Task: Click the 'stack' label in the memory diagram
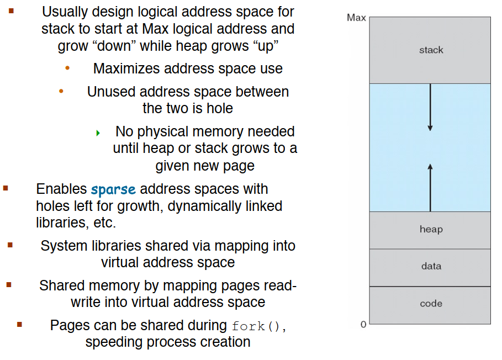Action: click(x=431, y=50)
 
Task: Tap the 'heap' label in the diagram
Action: click(x=431, y=229)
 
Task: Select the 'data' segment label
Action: click(x=431, y=266)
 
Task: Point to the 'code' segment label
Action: click(x=431, y=303)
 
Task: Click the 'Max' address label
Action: click(x=356, y=17)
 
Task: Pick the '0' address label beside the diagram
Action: click(x=363, y=324)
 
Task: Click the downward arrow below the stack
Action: click(x=430, y=107)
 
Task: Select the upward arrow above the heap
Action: click(x=430, y=188)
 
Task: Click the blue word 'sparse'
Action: click(x=113, y=189)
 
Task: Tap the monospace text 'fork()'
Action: click(x=256, y=326)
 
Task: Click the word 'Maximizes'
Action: click(x=126, y=68)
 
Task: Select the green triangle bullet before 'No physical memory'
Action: click(x=98, y=133)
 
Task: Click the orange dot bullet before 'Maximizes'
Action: click(x=67, y=68)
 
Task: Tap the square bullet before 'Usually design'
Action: click(x=11, y=11)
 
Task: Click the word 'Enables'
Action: click(x=61, y=189)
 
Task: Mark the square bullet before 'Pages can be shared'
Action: click(x=19, y=324)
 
